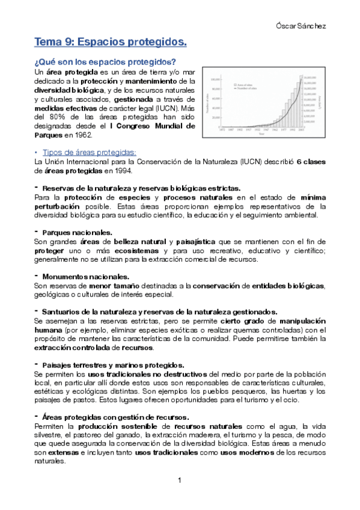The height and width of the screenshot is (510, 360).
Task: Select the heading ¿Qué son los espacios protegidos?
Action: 105,62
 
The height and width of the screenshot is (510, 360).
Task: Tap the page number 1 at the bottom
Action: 180,481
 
